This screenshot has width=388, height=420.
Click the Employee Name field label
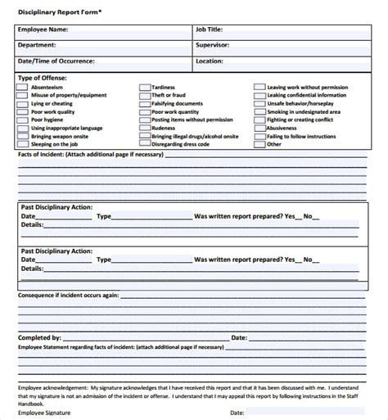(43, 29)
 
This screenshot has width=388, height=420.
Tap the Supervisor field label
(212, 45)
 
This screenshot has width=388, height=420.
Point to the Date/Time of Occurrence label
(56, 61)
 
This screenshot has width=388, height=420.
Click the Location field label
(210, 61)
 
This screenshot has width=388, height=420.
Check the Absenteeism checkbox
(22, 86)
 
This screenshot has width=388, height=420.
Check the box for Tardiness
(144, 86)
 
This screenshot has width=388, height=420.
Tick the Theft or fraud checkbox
(144, 95)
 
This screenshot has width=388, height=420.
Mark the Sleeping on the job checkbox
(22, 145)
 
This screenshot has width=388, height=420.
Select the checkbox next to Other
(259, 145)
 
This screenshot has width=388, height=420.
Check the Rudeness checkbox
(144, 127)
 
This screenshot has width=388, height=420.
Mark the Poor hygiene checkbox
(22, 119)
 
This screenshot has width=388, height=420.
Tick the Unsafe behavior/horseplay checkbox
(259, 103)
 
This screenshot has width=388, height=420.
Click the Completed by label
(39, 337)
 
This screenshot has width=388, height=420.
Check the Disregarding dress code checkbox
(144, 145)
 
